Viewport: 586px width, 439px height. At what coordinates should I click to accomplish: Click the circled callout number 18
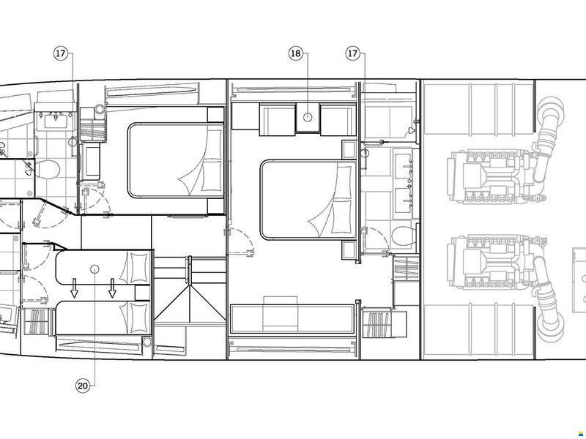(295, 53)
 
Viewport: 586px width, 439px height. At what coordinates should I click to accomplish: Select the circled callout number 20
(83, 386)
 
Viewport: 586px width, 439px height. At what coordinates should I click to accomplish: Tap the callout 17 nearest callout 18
(352, 53)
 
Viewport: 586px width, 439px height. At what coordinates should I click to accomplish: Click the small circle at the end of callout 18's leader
(307, 117)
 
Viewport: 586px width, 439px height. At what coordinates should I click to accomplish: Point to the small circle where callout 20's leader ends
(94, 269)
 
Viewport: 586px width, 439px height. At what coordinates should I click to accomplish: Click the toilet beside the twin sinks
(404, 236)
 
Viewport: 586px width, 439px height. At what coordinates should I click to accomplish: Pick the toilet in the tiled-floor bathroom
(48, 170)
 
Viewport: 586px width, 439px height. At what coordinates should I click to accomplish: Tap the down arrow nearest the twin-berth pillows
(112, 288)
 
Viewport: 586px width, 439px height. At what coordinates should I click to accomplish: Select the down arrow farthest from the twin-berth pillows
(75, 288)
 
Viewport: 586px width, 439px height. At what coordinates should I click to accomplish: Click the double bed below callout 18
(308, 200)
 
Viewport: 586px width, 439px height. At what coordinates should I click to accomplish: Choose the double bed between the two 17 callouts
(176, 160)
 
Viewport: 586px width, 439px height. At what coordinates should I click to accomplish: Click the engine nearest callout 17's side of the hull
(492, 176)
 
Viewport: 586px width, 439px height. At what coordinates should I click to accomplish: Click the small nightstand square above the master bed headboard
(350, 149)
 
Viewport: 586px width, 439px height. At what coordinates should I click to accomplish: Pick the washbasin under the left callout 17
(56, 121)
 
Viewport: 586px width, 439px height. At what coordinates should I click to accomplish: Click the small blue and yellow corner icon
(581, 433)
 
